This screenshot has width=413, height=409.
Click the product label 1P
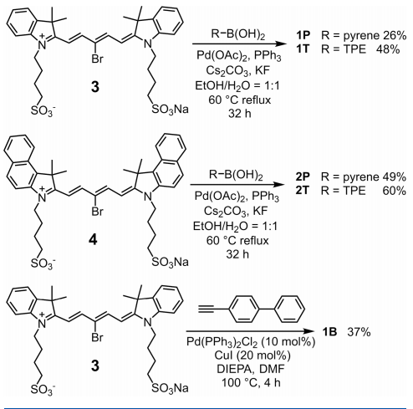click(303, 35)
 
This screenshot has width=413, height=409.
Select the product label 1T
click(303, 49)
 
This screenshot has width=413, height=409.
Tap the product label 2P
click(303, 176)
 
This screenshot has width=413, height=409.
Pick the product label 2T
click(303, 190)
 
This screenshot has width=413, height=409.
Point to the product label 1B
click(329, 332)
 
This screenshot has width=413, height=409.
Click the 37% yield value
click(359, 332)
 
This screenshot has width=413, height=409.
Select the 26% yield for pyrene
click(395, 35)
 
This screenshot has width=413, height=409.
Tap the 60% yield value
click(395, 191)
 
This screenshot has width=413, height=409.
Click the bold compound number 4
click(93, 239)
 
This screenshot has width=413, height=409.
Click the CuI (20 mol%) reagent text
click(252, 355)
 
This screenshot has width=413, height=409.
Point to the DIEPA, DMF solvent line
click(251, 369)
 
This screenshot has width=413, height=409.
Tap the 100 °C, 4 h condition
click(251, 382)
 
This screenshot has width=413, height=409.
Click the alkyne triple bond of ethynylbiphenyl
click(206, 309)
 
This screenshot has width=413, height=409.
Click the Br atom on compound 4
click(97, 212)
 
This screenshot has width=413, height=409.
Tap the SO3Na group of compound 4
click(170, 263)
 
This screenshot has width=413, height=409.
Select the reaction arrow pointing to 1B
click(250, 331)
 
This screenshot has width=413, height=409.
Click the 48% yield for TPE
click(388, 49)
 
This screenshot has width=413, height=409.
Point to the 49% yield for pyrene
click(395, 176)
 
